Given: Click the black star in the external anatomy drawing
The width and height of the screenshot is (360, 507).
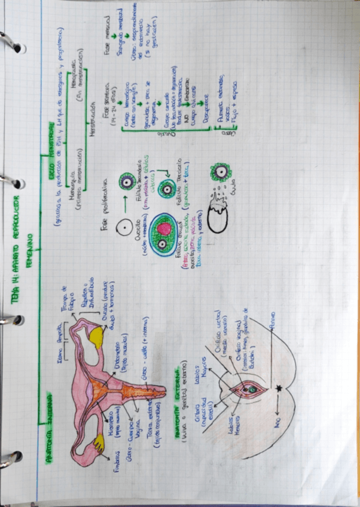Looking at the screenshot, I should (280, 389).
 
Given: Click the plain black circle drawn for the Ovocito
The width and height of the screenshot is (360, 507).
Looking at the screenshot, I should (125, 227).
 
